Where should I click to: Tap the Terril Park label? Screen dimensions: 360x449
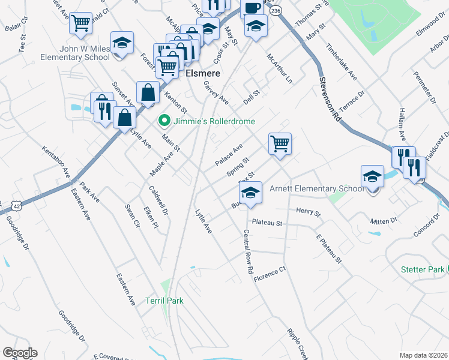tap(164, 301)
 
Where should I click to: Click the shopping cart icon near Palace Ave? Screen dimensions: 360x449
tap(280, 144)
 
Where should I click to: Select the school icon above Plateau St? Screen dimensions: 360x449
tap(250, 193)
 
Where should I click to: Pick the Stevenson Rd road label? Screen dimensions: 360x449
tap(330, 100)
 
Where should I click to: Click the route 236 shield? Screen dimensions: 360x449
tap(275, 11)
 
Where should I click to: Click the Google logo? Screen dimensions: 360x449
tap(20, 352)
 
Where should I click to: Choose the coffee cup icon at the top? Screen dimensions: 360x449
tap(252, 8)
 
